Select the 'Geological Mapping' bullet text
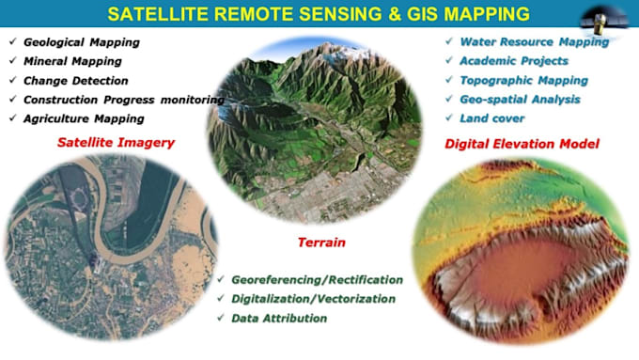[x=81, y=43]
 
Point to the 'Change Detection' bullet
[x=75, y=81]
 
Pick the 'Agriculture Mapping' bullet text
[x=84, y=118]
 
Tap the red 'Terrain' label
[x=319, y=243]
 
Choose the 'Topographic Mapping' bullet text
[x=524, y=81]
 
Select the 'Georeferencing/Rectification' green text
[x=317, y=280]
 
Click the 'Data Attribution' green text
[x=278, y=318]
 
